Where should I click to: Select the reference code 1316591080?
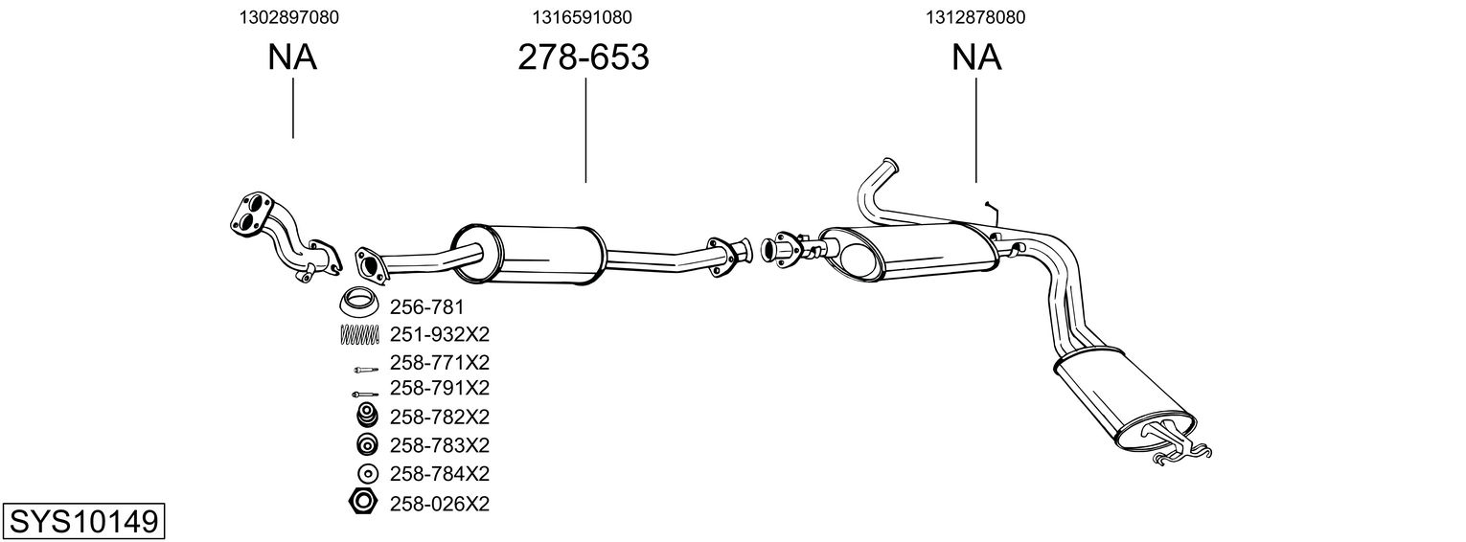(583, 17)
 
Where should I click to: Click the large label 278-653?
(583, 58)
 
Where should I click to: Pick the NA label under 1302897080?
(292, 58)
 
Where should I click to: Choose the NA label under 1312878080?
(976, 58)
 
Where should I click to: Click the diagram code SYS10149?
(82, 522)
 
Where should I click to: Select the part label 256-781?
(426, 307)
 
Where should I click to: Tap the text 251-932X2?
(440, 334)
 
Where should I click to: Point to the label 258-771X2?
(440, 363)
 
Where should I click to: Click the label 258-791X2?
(440, 388)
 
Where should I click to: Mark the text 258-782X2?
(440, 417)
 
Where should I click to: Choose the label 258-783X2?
(440, 445)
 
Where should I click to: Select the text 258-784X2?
(440, 474)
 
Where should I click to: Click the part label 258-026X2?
(440, 503)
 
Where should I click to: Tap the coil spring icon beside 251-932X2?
(360, 334)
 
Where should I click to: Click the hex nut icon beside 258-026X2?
(363, 501)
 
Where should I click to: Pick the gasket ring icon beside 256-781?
(359, 304)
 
